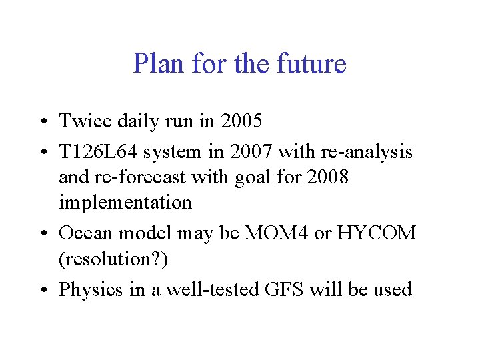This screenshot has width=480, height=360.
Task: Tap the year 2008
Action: point(327,177)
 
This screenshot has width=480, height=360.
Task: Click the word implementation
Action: point(125,202)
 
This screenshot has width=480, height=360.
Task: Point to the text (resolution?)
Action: point(113,259)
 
